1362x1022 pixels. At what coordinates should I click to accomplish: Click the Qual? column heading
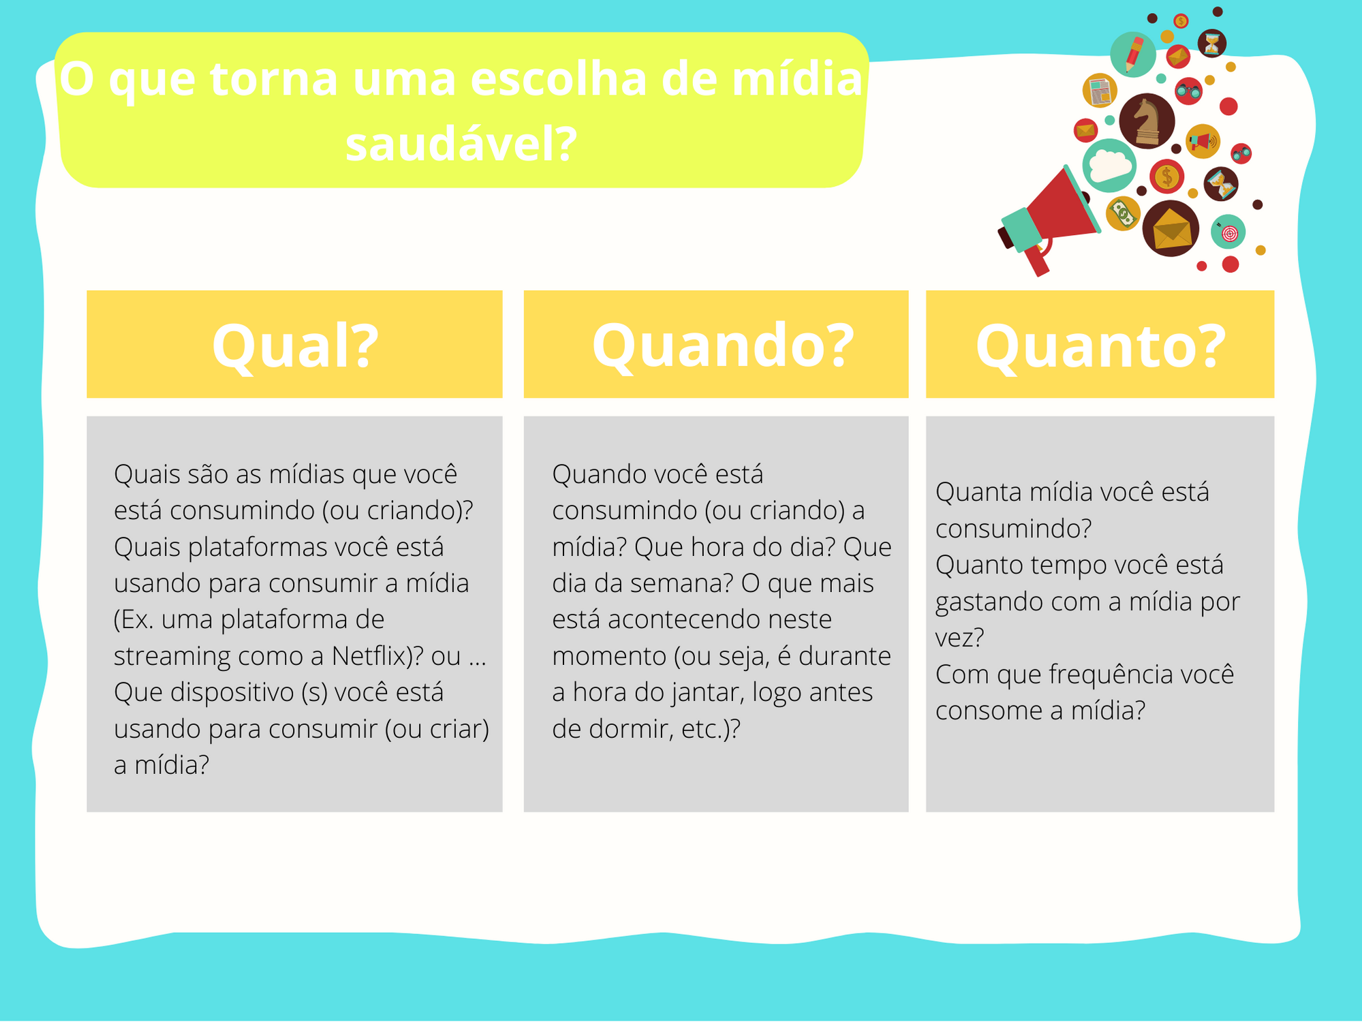point(295,346)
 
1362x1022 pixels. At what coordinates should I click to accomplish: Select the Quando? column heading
point(723,346)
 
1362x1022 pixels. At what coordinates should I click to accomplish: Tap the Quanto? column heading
point(1100,346)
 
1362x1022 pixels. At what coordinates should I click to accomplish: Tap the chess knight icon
point(1147,121)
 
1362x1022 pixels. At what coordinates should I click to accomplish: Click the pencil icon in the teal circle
point(1133,55)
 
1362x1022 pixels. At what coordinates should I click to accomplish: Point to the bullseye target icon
point(1228,232)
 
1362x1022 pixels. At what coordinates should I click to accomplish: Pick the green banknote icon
point(1122,214)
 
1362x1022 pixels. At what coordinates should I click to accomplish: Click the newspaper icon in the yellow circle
point(1100,91)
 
